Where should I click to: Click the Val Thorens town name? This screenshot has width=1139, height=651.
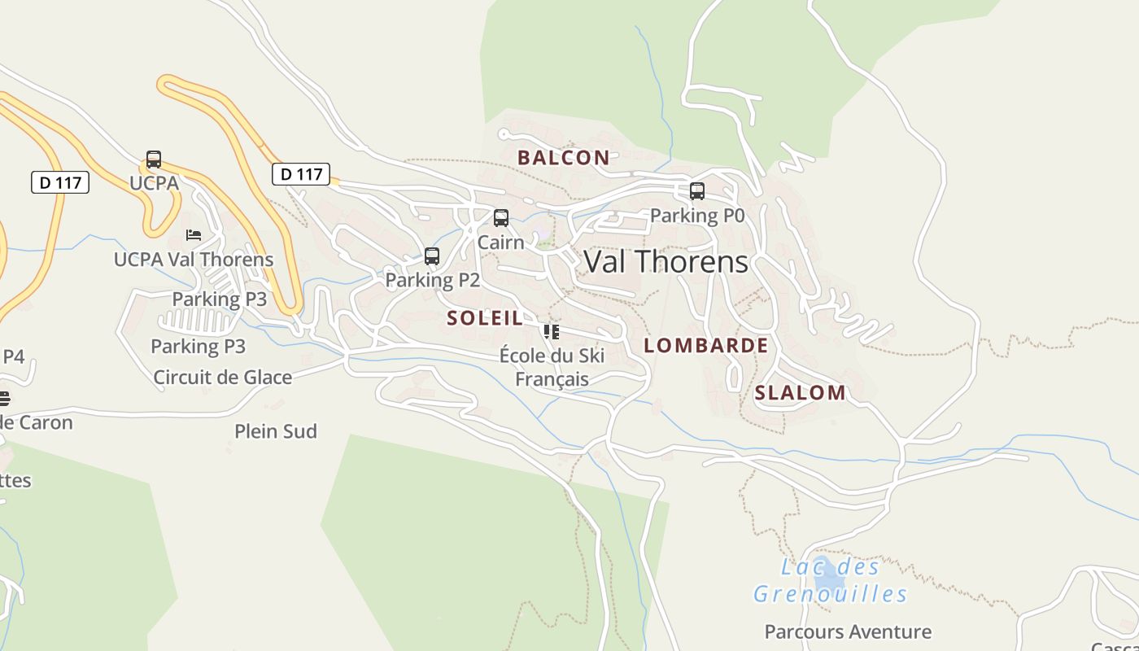[666, 262]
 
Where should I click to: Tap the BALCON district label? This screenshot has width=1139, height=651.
[564, 158]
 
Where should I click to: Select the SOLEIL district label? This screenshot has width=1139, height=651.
[485, 318]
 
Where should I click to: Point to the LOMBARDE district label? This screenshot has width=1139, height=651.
[705, 345]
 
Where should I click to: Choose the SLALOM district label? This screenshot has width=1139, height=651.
[800, 393]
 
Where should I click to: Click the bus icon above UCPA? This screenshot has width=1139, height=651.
[154, 159]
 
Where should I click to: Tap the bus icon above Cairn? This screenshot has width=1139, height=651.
[501, 218]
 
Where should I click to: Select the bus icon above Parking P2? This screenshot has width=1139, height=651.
[432, 256]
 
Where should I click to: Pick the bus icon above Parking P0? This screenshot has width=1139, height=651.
[697, 191]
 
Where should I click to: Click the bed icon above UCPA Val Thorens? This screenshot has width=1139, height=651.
[193, 235]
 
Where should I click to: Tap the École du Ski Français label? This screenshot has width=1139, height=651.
[552, 367]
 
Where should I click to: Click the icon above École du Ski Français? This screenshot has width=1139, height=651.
[552, 332]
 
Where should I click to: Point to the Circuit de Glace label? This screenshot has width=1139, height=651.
[222, 378]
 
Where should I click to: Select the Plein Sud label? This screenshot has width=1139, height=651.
[276, 431]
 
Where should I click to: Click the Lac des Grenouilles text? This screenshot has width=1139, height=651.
[830, 580]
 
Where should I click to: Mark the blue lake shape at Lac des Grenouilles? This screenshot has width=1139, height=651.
[829, 576]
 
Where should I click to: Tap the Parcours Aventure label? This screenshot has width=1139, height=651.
[848, 631]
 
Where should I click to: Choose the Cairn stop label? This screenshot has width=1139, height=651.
[500, 242]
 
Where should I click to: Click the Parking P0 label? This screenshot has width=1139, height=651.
[697, 216]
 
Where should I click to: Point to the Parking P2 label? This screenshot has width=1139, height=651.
[432, 280]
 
